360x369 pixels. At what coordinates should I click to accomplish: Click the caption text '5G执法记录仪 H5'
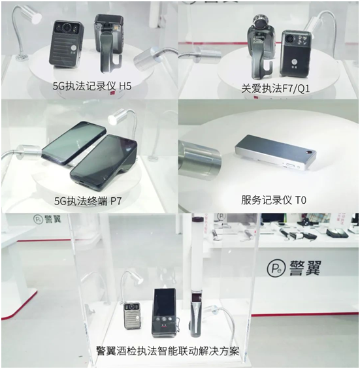(92, 86)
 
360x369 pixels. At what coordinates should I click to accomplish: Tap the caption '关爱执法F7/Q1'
(275, 89)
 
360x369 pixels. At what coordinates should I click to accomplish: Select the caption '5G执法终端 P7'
(88, 201)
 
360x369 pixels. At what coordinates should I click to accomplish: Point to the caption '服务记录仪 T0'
(274, 201)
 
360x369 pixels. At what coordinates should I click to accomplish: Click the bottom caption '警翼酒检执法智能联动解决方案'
(167, 351)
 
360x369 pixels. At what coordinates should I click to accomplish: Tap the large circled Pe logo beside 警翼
(276, 268)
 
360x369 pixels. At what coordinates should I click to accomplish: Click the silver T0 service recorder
(275, 152)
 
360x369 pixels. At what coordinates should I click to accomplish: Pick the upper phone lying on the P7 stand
(74, 142)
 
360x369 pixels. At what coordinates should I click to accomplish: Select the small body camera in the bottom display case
(133, 315)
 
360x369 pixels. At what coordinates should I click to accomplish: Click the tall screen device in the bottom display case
(164, 313)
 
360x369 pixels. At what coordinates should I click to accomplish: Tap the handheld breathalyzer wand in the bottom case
(195, 313)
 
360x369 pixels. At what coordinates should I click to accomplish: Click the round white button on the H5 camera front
(73, 48)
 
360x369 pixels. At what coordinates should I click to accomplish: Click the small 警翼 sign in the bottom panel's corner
(47, 219)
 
